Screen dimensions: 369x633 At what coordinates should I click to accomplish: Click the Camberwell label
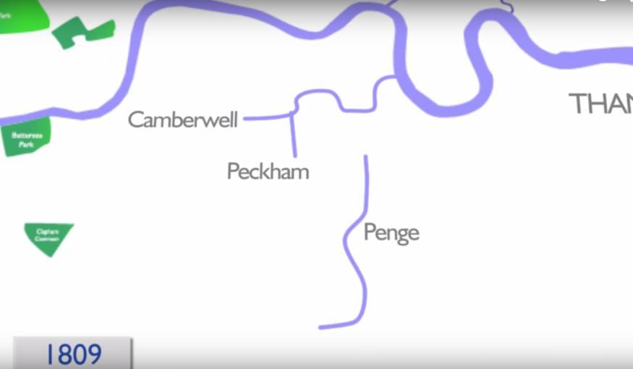coord(182,119)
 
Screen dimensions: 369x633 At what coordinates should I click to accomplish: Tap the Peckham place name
coord(268,171)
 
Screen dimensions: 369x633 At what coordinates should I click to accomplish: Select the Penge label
coord(391,233)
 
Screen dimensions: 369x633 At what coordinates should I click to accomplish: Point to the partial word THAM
coord(600,104)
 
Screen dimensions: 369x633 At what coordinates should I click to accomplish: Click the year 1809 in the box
coord(73,355)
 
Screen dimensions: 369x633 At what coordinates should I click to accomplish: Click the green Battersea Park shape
coord(27,137)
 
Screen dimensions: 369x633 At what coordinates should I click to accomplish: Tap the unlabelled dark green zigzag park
coord(83,33)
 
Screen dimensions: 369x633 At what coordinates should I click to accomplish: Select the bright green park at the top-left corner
coord(22,14)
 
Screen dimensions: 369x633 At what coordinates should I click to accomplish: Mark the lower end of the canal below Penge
coord(321,327)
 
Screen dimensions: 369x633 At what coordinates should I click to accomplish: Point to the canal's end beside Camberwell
coord(246,119)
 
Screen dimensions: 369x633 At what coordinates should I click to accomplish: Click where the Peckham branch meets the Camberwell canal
coord(292,114)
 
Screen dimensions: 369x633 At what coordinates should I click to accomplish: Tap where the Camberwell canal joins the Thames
coord(394,77)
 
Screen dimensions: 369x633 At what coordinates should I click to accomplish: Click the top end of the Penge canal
coord(365,157)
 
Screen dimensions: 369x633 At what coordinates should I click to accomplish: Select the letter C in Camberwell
coord(136,119)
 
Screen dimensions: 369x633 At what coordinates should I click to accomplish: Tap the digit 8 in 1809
coord(63,355)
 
